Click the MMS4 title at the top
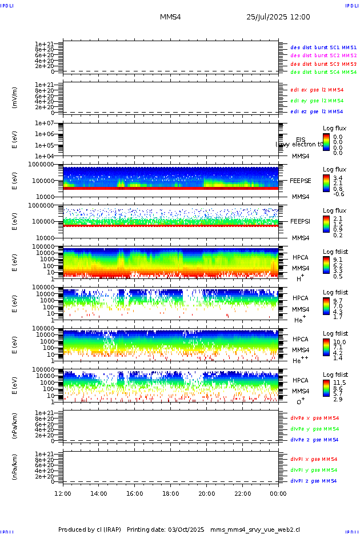coord(170,17)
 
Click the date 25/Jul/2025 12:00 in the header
coord(278,17)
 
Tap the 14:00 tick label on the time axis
coord(99,493)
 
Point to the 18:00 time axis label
coord(171,493)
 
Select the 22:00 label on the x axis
coord(243,493)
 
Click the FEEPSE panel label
coord(301,180)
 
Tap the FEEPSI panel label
coord(301,221)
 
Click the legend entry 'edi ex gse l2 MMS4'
coord(317,90)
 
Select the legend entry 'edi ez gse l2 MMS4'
coord(317,111)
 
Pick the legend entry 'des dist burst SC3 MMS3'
coord(323,64)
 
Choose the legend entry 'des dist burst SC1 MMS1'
coord(323,47)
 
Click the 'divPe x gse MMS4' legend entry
coord(314,418)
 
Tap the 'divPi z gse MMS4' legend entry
coord(313,481)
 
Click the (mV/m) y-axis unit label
coord(15,98)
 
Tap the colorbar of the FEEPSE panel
coord(326,181)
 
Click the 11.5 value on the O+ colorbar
coord(340,382)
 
